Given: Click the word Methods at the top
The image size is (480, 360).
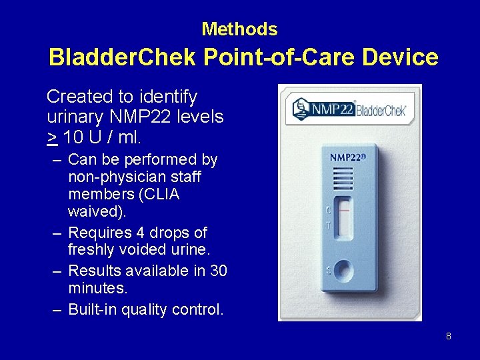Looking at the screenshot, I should pos(239,29).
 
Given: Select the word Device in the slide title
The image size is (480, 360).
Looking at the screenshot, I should pos(400,57).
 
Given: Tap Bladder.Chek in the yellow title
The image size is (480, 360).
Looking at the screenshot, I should pos(121,57).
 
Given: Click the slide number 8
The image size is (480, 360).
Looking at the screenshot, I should pos(448,336).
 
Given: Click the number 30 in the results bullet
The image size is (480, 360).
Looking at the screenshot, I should pos(217,271).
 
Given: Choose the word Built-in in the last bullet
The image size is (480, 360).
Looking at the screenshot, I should pos(93,310).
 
